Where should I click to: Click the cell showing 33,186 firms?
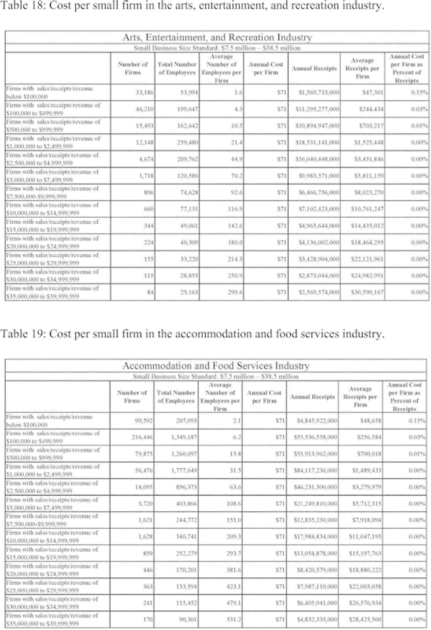(144, 93)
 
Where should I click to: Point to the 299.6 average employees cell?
(235, 292)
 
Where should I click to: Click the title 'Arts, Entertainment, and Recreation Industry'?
(217, 37)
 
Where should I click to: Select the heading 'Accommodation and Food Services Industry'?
(215, 366)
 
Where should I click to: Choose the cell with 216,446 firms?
(142, 437)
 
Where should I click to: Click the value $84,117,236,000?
(315, 470)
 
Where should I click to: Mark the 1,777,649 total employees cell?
(184, 470)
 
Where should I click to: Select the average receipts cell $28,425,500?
(365, 619)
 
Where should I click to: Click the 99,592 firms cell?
(143, 421)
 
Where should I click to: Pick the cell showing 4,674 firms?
(146, 159)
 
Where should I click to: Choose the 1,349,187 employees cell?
(184, 437)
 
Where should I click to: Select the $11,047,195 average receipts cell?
(365, 536)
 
